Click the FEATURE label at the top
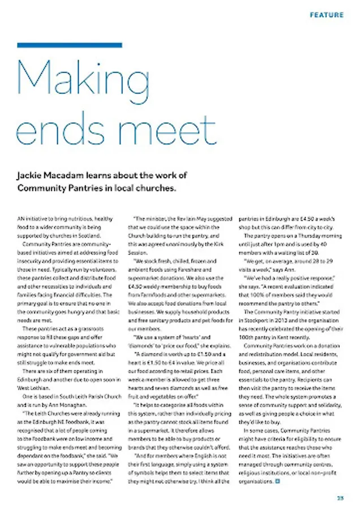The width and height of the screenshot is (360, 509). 326,15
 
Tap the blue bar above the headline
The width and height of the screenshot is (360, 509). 69,45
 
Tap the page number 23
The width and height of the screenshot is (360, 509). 340,498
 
